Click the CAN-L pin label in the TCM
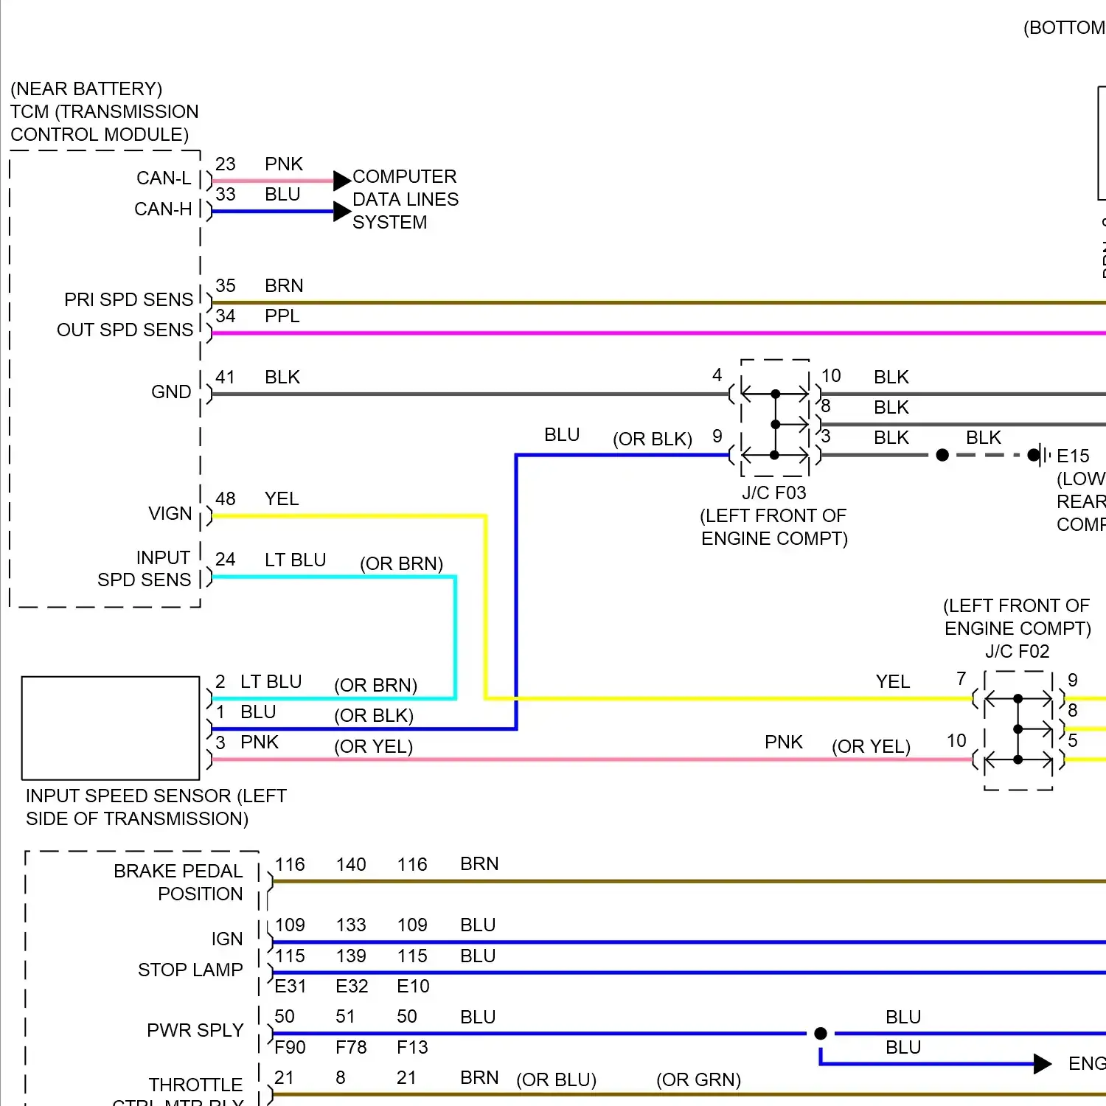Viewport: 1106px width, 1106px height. [164, 178]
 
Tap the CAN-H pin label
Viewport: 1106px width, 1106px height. [163, 209]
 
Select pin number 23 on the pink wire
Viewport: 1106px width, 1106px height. [226, 164]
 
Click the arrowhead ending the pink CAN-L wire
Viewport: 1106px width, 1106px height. [341, 181]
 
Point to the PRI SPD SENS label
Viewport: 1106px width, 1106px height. [128, 300]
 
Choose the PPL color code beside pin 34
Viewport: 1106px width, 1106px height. [282, 316]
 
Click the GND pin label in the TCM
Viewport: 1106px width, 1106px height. [171, 392]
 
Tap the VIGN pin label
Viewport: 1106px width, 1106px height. [170, 514]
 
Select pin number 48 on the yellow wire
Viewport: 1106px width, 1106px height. [226, 499]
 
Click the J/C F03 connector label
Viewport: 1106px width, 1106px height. [773, 493]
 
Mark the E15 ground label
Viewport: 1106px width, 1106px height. [1073, 456]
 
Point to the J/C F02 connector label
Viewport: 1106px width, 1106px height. [1017, 652]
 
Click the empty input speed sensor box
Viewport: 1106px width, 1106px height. [111, 728]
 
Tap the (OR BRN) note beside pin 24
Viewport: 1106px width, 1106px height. [401, 564]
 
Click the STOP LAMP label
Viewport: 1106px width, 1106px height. [190, 970]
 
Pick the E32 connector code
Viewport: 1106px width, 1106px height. [352, 987]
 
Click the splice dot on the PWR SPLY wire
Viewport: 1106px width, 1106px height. [821, 1034]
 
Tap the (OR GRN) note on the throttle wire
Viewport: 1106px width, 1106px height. [698, 1080]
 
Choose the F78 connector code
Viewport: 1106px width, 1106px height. [351, 1048]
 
